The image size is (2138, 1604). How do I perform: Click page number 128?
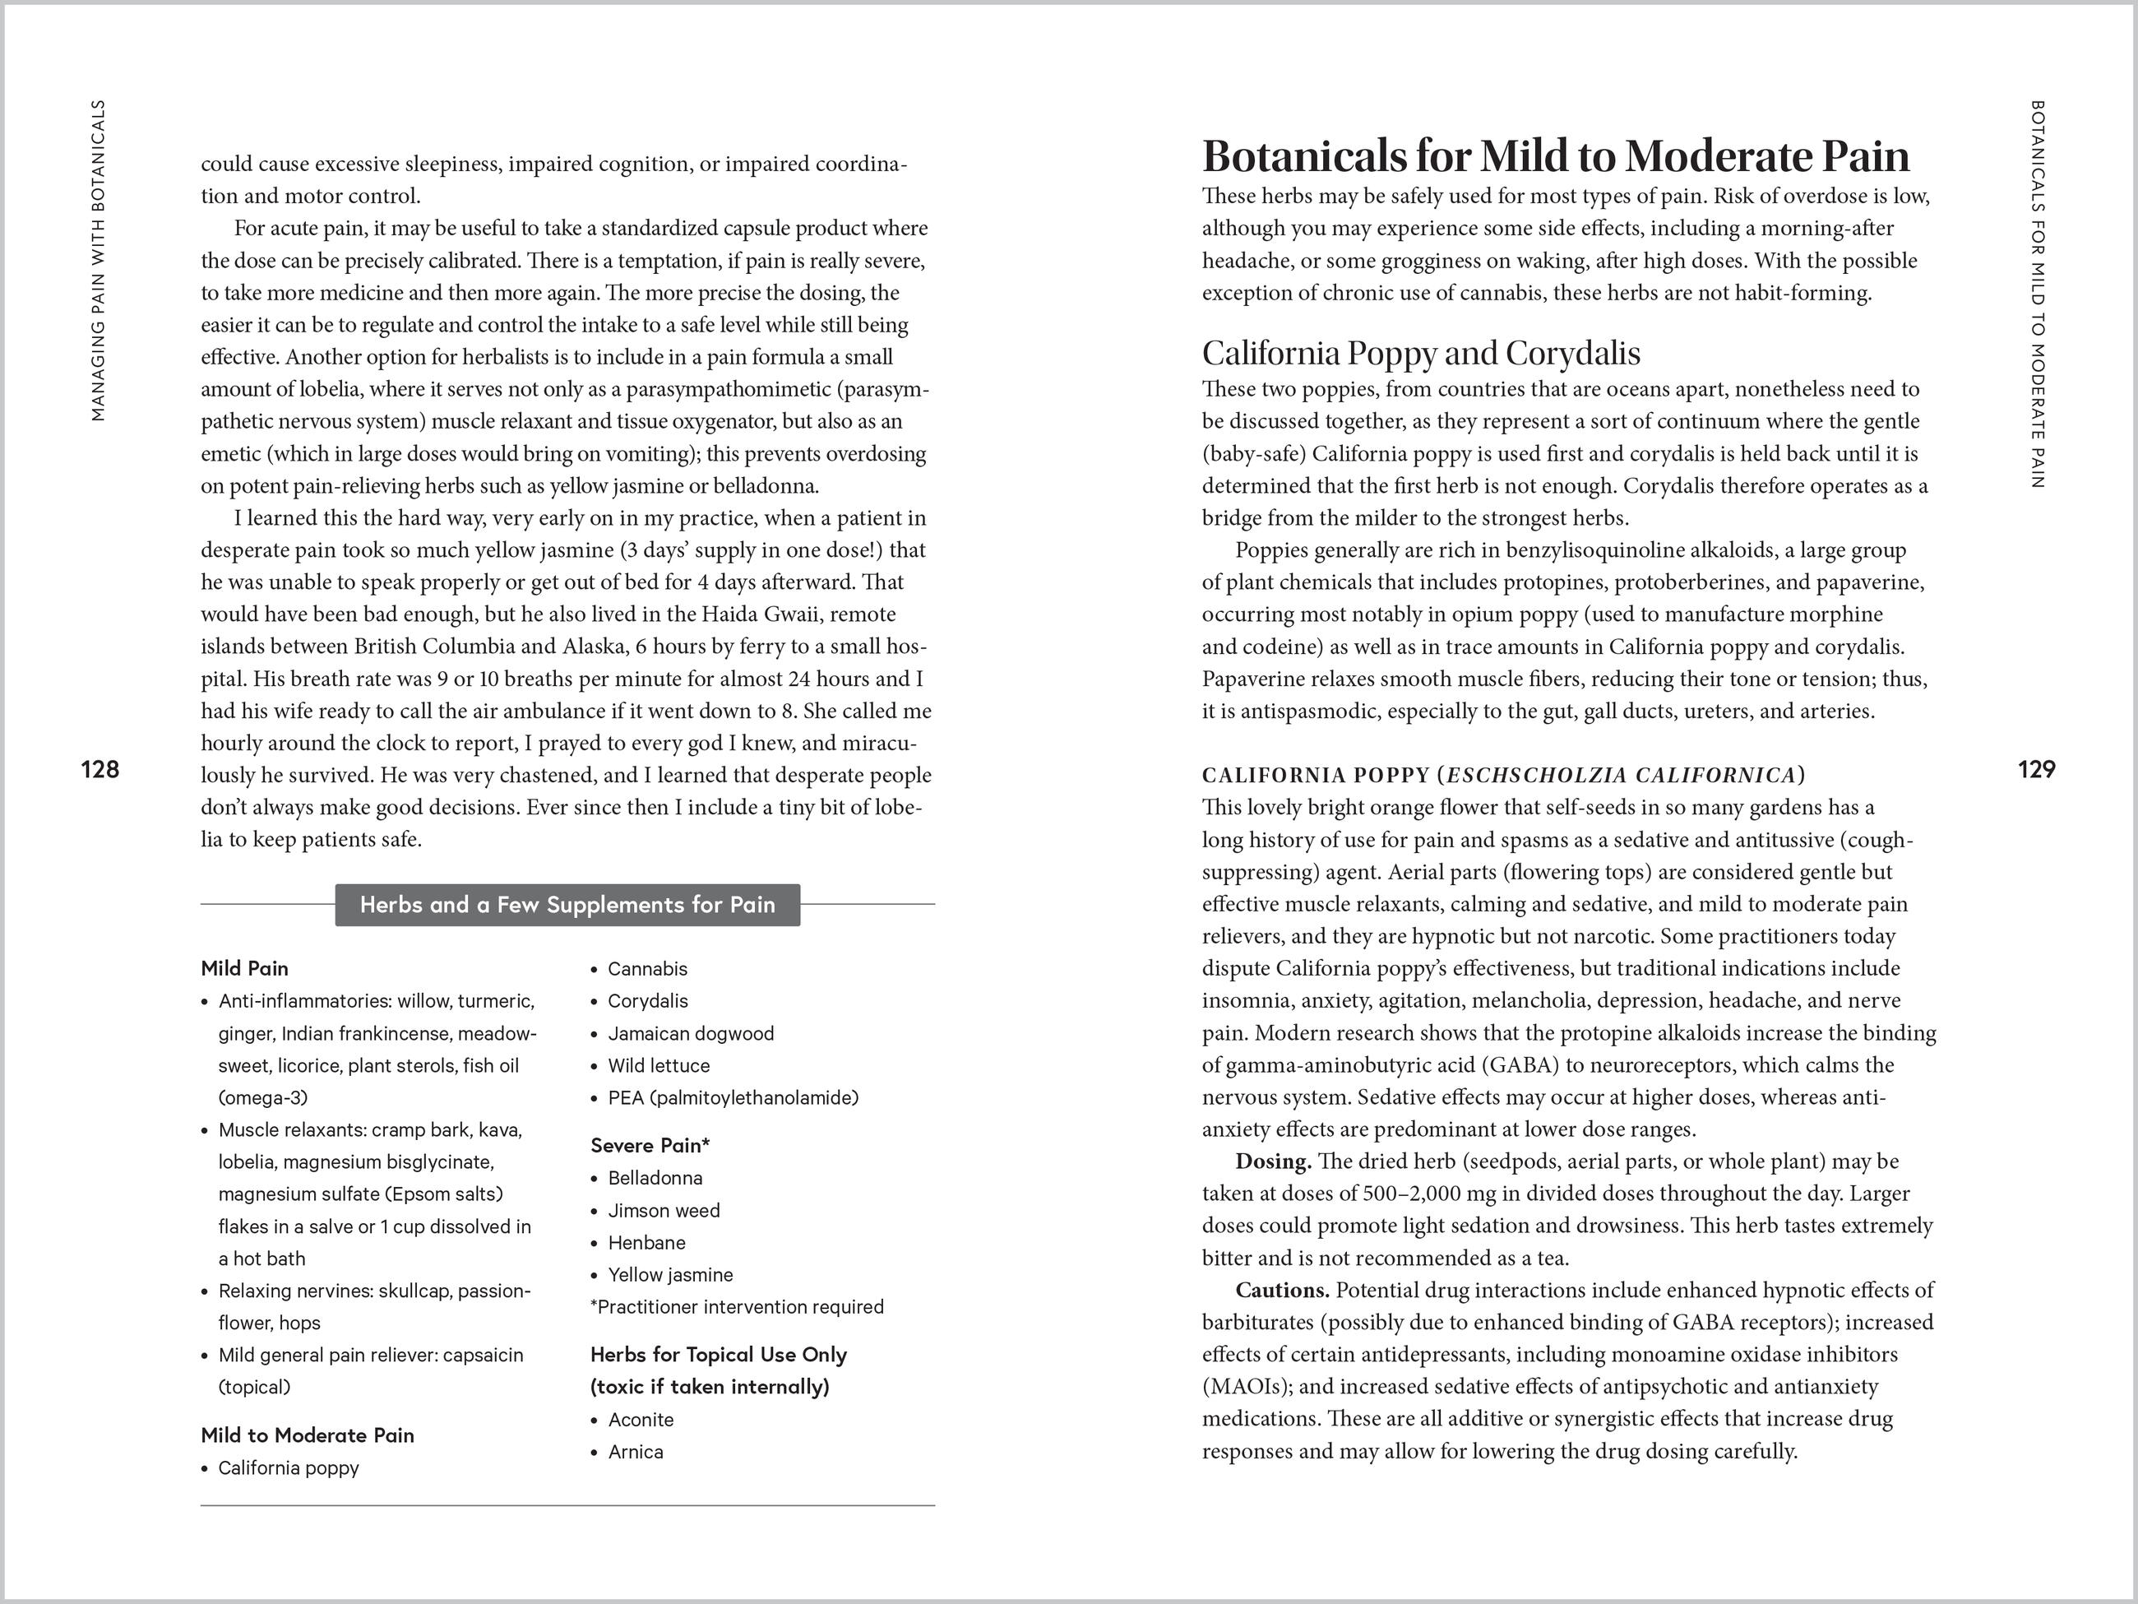[99, 770]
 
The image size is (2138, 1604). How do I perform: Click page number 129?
[2037, 770]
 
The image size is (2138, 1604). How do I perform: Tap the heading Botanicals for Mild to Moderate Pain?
[1555, 156]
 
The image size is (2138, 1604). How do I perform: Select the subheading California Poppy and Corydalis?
[1421, 353]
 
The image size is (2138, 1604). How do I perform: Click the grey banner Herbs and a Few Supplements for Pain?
[567, 905]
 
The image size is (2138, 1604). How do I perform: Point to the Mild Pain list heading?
[244, 968]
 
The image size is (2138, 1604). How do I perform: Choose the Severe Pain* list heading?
[650, 1146]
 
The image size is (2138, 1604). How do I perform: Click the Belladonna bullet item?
[655, 1178]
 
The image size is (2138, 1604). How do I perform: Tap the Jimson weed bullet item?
[663, 1211]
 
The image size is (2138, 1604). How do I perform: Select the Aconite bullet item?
[640, 1419]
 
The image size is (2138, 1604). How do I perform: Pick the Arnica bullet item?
[635, 1452]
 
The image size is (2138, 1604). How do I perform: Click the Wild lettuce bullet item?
[658, 1065]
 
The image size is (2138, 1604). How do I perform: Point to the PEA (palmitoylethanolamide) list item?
[733, 1097]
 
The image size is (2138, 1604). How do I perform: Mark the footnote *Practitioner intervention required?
[737, 1307]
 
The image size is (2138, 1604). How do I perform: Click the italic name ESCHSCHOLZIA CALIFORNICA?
[1621, 776]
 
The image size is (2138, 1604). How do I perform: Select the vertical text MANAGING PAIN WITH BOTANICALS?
[98, 261]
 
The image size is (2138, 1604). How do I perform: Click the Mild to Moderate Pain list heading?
[308, 1435]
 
